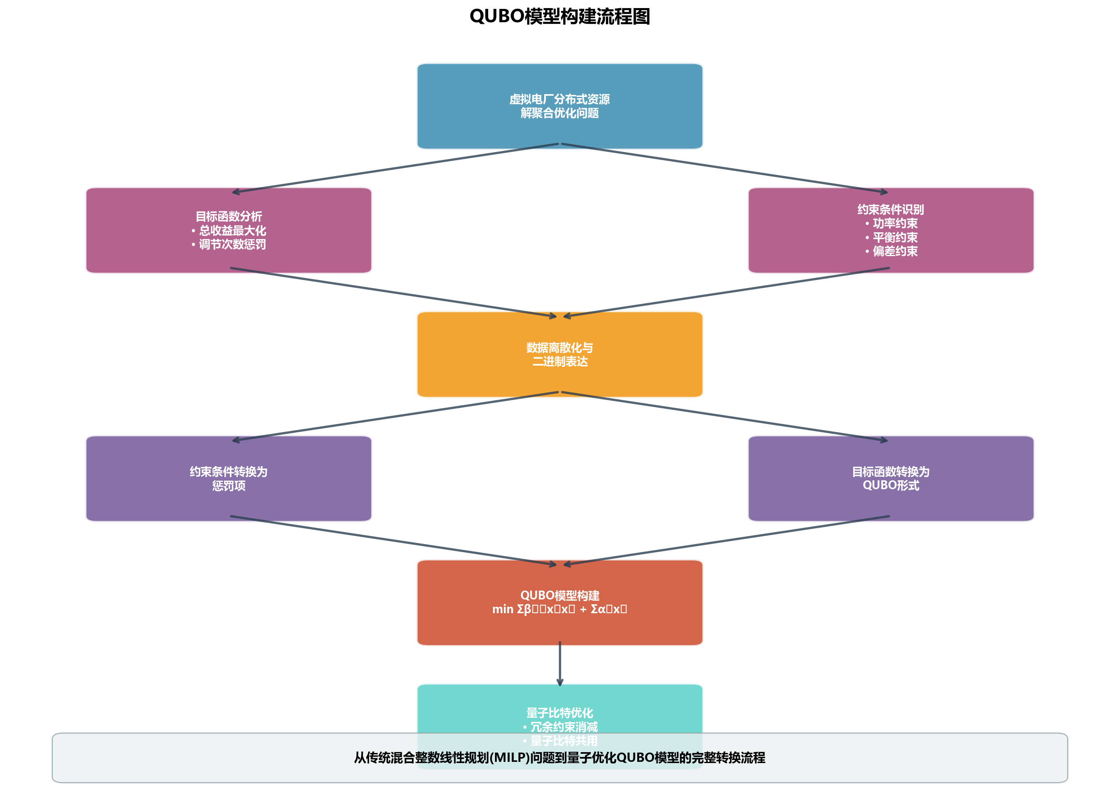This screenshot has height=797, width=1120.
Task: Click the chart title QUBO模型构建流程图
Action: click(x=560, y=17)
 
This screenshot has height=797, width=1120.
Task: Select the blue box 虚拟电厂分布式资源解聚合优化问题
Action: click(x=560, y=106)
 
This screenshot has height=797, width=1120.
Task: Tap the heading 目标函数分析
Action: click(x=229, y=217)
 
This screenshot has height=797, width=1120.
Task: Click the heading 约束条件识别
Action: click(x=891, y=210)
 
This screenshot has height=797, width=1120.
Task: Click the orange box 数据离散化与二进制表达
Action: click(x=560, y=354)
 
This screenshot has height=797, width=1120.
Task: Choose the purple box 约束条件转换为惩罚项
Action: click(x=229, y=479)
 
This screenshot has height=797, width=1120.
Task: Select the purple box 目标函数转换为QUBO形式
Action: click(x=891, y=479)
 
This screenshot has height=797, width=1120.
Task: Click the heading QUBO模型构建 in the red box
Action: click(x=560, y=595)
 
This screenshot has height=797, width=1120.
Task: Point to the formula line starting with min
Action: click(x=560, y=610)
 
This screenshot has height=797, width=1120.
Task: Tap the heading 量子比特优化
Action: click(x=560, y=713)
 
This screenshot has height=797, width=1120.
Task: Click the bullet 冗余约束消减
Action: click(x=564, y=727)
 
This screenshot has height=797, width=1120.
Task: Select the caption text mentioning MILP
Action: click(x=560, y=758)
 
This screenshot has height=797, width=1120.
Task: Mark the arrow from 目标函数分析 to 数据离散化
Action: click(x=392, y=292)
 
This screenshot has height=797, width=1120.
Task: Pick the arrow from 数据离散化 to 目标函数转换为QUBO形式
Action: click(x=726, y=416)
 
